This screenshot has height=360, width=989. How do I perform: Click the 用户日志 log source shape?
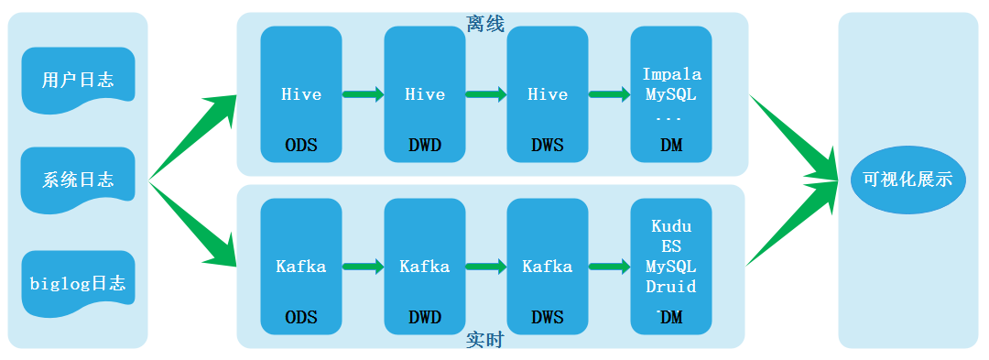(78, 80)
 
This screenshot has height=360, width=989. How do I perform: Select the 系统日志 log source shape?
(78, 180)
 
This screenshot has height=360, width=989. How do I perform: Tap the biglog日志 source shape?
(78, 283)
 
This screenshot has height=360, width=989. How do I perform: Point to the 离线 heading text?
(485, 25)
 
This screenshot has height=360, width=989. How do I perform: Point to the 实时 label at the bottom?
(485, 340)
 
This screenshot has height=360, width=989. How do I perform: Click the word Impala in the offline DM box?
(672, 74)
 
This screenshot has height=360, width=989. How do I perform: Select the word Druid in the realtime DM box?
(671, 287)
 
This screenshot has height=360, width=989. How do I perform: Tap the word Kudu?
(671, 225)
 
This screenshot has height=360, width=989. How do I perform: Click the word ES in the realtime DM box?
(671, 245)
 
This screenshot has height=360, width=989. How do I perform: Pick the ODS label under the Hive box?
(301, 146)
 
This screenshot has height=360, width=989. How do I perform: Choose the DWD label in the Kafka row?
(425, 317)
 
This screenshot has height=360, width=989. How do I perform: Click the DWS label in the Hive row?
(547, 146)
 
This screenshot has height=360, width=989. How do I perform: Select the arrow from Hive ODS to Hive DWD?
(364, 94)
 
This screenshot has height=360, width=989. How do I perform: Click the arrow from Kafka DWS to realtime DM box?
(609, 267)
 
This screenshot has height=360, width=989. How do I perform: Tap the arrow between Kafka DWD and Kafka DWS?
(486, 267)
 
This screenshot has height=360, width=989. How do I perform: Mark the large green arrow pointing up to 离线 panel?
(192, 137)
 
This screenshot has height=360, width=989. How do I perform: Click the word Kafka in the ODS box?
(301, 267)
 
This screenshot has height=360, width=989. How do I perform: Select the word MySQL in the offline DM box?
(671, 95)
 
